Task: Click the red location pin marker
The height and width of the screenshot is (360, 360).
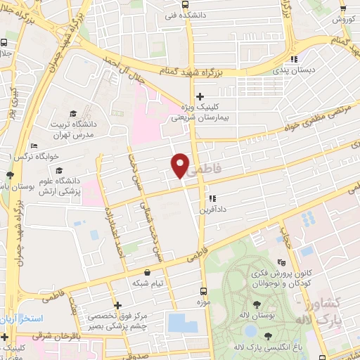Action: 181,165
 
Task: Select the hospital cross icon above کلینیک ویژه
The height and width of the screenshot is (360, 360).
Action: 200,96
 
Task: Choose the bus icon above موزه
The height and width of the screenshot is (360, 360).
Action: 203,290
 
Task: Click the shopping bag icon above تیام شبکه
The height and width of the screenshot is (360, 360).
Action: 147,272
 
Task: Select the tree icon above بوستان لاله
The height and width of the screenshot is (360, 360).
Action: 255,305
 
